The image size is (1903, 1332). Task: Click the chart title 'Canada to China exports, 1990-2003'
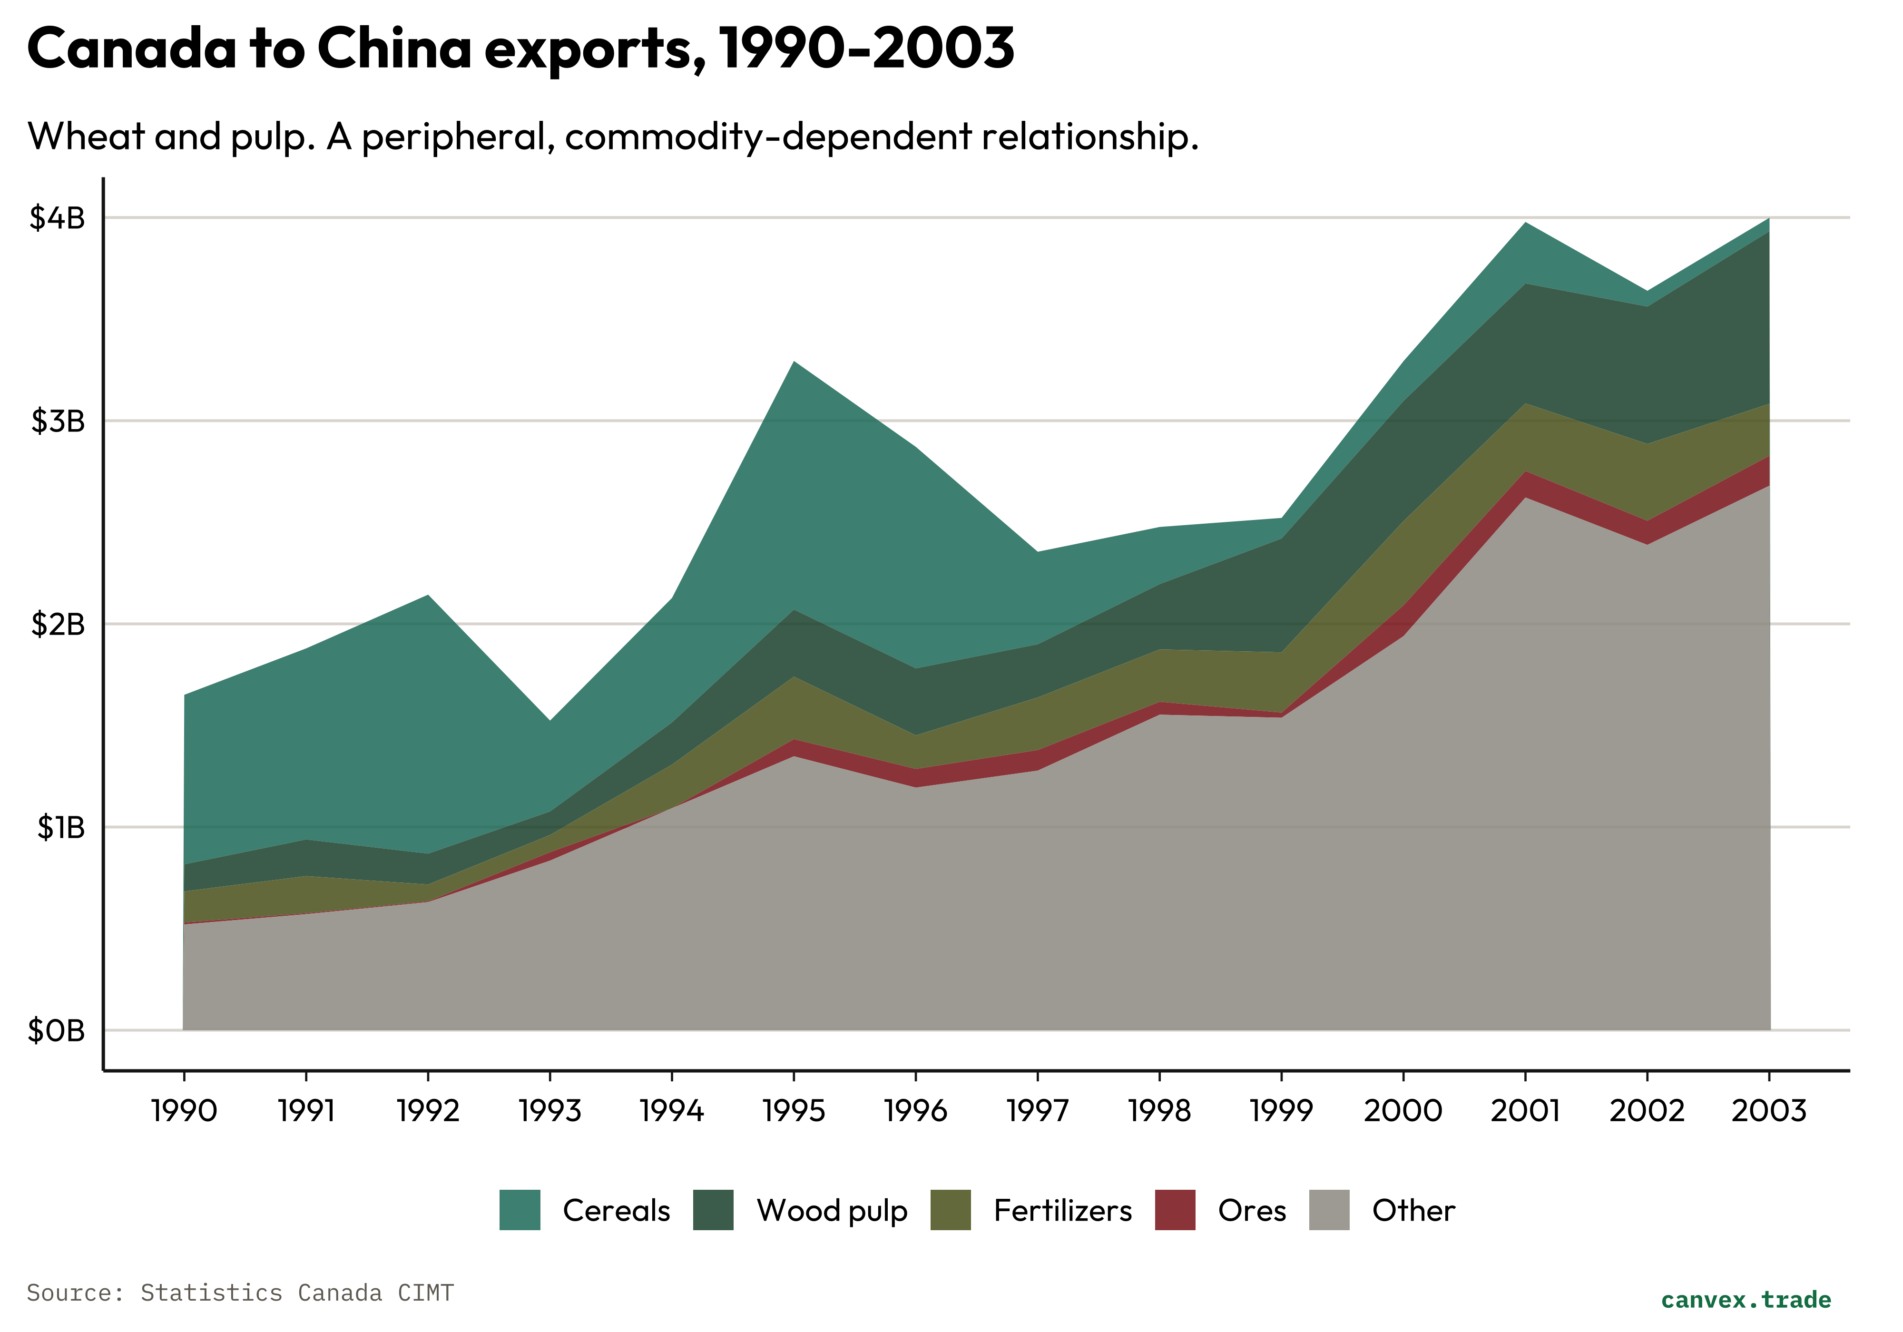pos(520,48)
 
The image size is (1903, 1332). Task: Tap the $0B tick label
pos(56,1030)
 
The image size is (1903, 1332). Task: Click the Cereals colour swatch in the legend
pos(520,1210)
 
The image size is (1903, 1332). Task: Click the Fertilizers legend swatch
pos(950,1210)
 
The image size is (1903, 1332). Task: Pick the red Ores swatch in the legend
pos(1175,1210)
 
